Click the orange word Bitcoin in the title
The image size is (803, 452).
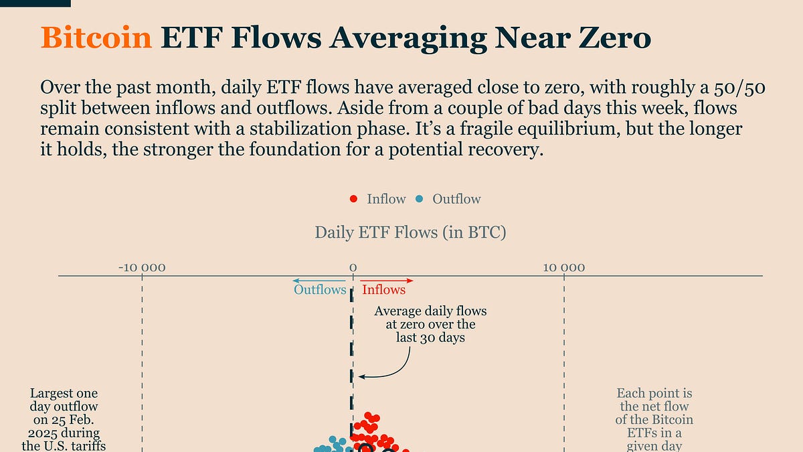coord(96,38)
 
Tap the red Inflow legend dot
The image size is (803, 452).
coord(353,199)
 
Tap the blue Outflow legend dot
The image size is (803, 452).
coord(419,199)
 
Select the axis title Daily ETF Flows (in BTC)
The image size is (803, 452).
coord(410,233)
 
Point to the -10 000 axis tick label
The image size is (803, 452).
coord(142,268)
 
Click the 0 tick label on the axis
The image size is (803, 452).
coord(353,268)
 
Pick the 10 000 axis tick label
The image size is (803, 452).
coord(564,268)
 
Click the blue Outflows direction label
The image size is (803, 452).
coord(320,290)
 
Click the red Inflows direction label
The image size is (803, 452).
coord(383,290)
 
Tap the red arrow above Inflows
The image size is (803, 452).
coord(387,280)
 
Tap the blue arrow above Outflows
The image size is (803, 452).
coord(319,280)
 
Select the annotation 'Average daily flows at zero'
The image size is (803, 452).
coord(430,324)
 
